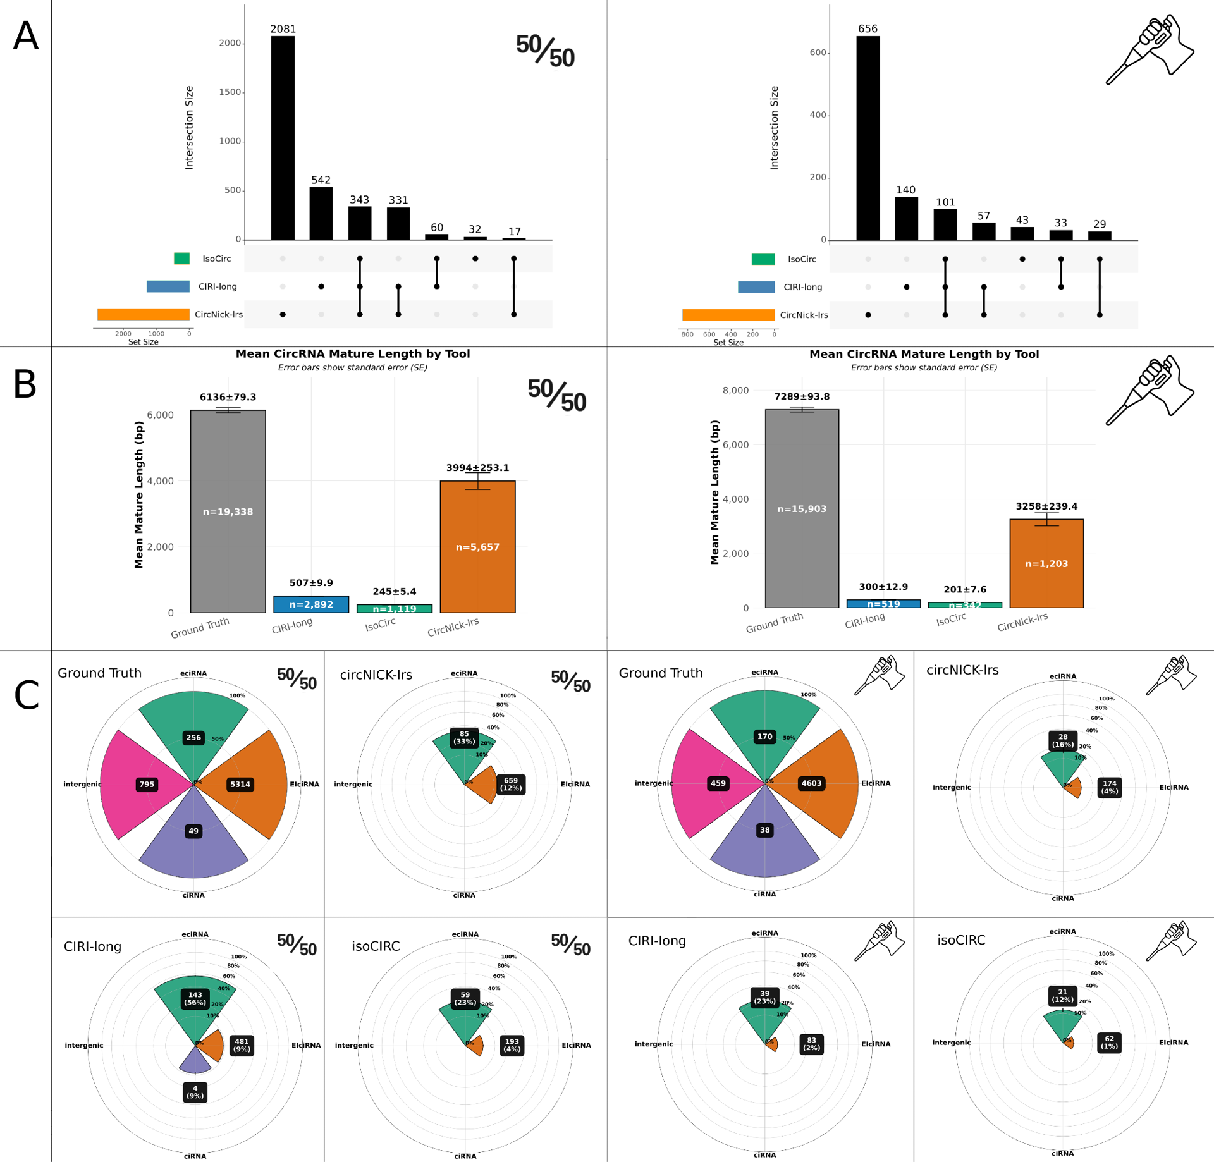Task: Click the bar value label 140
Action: coord(905,190)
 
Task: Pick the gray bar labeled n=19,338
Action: coord(228,511)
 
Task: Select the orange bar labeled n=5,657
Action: coord(477,546)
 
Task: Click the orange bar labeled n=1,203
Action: coord(1046,563)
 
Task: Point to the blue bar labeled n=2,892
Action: coord(311,604)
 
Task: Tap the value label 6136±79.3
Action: coord(228,397)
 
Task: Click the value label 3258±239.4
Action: coord(1046,506)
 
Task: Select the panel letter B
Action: coord(25,384)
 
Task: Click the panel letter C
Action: coord(27,695)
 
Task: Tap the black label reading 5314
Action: coord(240,785)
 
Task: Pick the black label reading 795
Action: coord(147,785)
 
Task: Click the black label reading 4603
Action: coord(811,783)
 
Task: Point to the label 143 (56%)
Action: coord(195,998)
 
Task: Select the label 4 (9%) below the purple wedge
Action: coord(195,1092)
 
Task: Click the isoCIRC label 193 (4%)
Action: coord(512,1045)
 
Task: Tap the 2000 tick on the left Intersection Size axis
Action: coord(230,43)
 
